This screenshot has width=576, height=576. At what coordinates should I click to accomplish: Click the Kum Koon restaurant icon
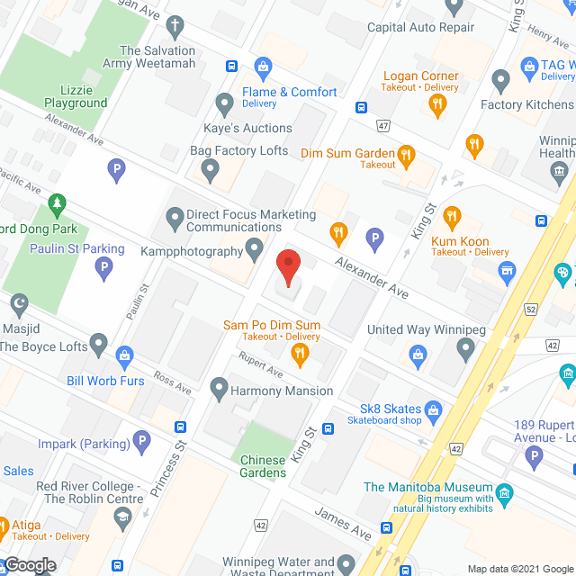tap(452, 216)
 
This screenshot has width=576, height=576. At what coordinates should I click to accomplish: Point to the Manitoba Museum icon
tap(504, 493)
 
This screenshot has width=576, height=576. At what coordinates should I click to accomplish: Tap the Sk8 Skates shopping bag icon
tap(434, 413)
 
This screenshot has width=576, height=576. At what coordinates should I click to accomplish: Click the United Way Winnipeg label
tap(426, 329)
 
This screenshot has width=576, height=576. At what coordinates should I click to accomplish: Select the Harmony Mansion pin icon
tap(218, 390)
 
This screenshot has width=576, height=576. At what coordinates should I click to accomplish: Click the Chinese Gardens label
tap(263, 466)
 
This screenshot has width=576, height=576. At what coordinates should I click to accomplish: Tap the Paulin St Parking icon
tap(104, 268)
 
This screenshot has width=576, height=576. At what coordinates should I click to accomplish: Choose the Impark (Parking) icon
tap(140, 442)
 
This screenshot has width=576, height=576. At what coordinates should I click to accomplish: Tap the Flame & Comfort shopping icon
tap(263, 66)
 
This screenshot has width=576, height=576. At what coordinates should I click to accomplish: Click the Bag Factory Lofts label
tap(238, 150)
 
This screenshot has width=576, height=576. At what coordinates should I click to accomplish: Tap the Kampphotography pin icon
tap(256, 247)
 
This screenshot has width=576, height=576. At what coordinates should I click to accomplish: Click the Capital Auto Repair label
tap(420, 27)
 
